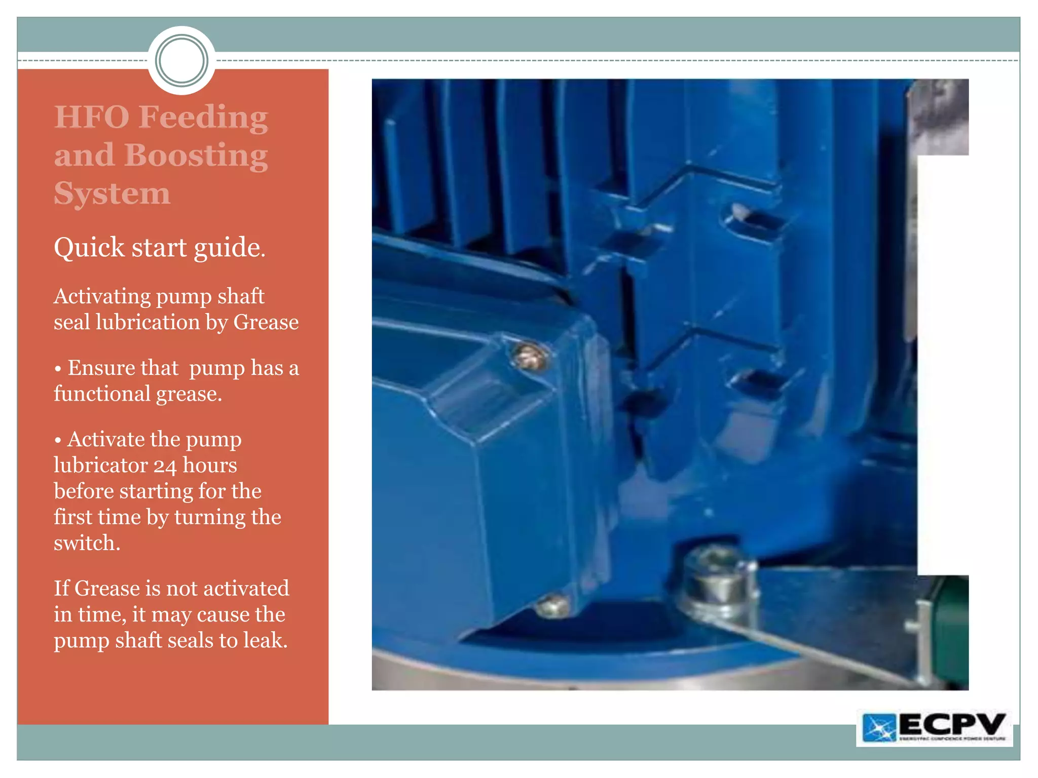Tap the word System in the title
[112, 193]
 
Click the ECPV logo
[934, 727]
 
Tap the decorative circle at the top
[181, 61]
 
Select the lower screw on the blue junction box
[552, 605]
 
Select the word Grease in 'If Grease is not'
[107, 589]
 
